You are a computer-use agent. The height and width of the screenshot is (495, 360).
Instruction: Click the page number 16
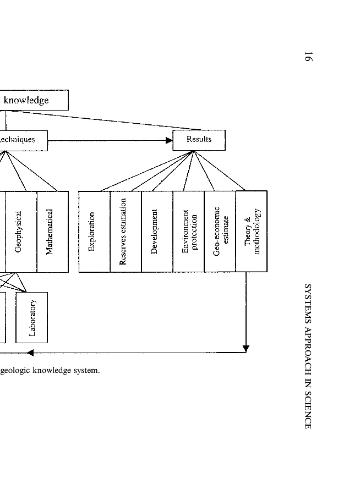[x=308, y=57]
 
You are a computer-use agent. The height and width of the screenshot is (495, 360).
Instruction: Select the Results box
[x=199, y=140]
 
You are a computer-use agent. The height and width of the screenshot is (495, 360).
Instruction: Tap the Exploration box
[x=94, y=231]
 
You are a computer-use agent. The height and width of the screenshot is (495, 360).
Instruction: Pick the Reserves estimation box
[x=126, y=231]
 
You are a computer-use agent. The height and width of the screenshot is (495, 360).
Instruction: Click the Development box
[x=157, y=231]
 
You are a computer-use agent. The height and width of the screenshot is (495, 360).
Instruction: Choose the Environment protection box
[x=188, y=231]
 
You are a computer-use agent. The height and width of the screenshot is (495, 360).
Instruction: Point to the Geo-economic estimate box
[x=220, y=231]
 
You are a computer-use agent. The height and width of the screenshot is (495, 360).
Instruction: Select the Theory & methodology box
[x=251, y=231]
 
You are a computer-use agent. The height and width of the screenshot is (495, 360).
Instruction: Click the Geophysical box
[x=21, y=231]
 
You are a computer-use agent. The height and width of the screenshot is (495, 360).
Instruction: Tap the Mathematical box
[x=52, y=231]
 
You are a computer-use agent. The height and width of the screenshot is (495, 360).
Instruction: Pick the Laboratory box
[x=32, y=317]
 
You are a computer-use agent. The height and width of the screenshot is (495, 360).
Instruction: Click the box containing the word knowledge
[x=33, y=100]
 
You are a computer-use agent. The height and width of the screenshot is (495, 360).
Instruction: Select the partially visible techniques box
[x=22, y=140]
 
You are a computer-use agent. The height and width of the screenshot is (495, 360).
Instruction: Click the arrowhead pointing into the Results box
[x=169, y=140]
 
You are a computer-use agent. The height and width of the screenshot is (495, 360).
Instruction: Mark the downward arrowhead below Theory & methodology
[x=246, y=348]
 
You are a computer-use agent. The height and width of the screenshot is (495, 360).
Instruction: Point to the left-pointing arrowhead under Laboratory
[x=30, y=353]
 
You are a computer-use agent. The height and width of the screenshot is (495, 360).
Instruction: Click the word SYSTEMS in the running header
[x=308, y=302]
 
